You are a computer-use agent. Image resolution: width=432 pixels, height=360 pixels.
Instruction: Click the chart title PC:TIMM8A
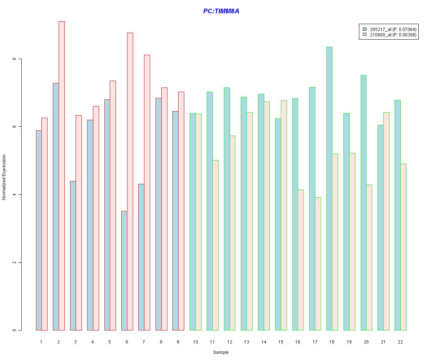coord(221,11)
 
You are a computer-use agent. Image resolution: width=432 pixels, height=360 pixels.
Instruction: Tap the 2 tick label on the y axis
coord(15,262)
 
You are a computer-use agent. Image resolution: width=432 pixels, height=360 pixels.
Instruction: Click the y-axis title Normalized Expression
coord(4,177)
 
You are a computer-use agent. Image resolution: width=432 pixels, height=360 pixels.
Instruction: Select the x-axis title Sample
coord(220,352)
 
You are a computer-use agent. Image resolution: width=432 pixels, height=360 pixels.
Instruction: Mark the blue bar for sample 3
coord(73,256)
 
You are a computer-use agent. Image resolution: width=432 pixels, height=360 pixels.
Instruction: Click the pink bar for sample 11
coord(215,245)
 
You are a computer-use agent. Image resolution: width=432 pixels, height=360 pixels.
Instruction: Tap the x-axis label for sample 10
coord(195,342)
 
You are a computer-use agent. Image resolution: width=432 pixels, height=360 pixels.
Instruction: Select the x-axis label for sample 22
coord(400,342)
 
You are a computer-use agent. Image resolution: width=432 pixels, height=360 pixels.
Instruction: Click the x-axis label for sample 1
coord(41,342)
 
